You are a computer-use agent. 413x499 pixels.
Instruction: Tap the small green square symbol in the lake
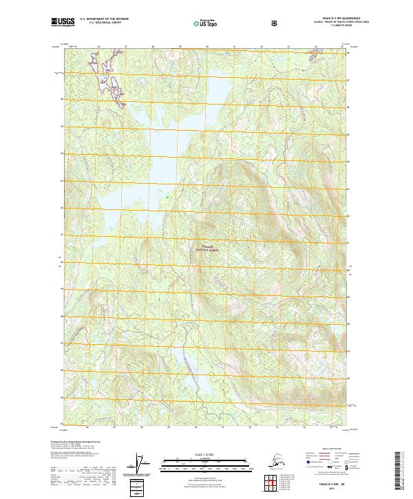point(167,198)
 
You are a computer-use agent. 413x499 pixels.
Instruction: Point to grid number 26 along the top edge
point(98,47)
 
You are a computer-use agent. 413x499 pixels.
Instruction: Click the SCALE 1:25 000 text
point(206,454)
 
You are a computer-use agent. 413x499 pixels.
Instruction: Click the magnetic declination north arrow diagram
point(142,464)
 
